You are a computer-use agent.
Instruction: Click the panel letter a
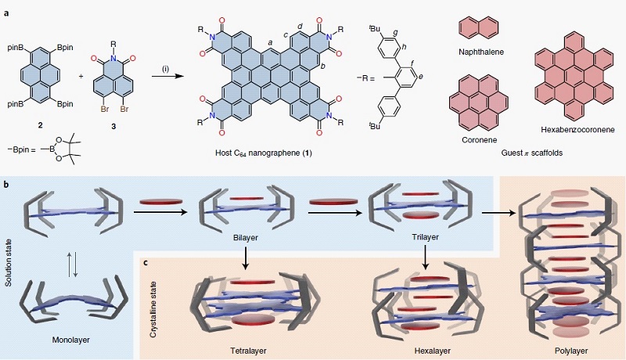pos(5,7)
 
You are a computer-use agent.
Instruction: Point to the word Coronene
pos(470,140)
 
